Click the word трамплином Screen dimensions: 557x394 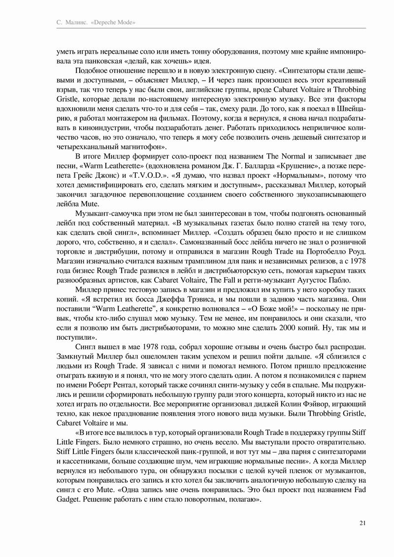tap(178, 261)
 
